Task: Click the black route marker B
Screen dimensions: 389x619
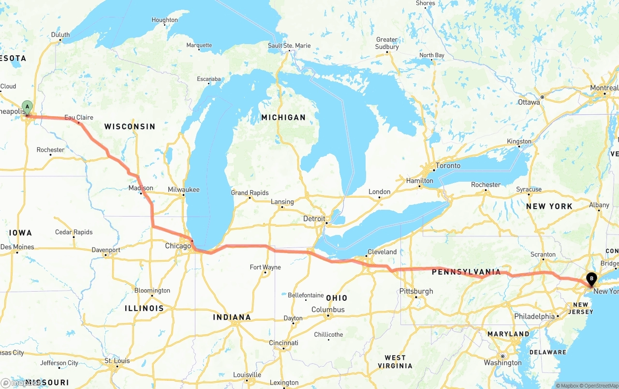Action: point(591,279)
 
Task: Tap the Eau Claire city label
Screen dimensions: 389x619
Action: point(79,117)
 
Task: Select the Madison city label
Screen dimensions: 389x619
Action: point(141,188)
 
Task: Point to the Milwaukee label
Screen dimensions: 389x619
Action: point(184,189)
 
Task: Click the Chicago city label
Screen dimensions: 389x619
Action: point(178,246)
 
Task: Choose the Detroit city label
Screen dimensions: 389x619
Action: point(314,218)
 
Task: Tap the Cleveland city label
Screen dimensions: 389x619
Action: point(382,252)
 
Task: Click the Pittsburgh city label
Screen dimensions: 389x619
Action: point(416,291)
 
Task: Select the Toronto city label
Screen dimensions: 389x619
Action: point(448,166)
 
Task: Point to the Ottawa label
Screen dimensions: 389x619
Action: point(529,102)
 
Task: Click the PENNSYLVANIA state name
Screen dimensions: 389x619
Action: point(466,272)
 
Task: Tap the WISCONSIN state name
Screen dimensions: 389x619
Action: point(130,126)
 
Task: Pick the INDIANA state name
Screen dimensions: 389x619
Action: point(232,317)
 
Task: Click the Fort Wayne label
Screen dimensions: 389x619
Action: point(265,267)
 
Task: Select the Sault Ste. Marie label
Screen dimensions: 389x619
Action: point(289,46)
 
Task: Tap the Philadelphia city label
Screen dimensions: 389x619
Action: point(534,316)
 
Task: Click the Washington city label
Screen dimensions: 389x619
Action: point(503,363)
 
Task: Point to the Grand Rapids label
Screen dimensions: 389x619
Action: point(250,193)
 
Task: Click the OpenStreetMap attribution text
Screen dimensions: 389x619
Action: point(600,386)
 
